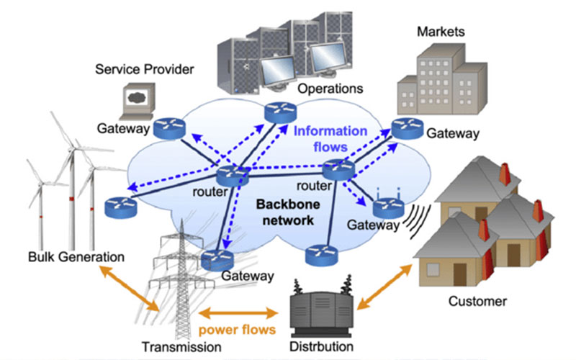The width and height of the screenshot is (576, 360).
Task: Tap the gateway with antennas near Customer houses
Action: (387, 206)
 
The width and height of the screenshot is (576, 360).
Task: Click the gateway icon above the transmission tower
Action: (219, 260)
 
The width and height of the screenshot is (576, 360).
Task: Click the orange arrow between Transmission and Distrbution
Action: (240, 314)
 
